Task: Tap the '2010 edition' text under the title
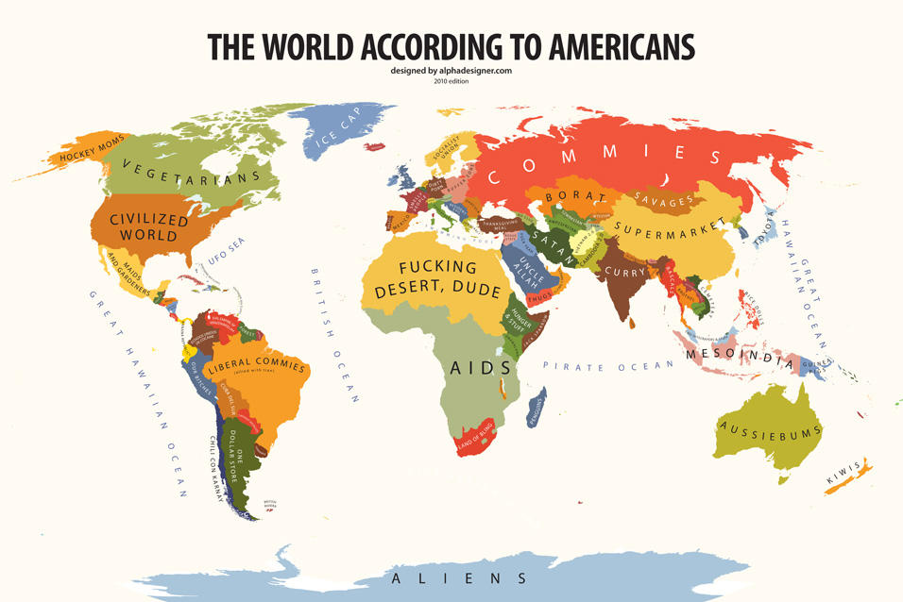pos(451,81)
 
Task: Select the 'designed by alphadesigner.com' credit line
pos(451,71)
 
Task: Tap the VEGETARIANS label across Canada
pos(179,175)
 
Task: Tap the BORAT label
pos(568,196)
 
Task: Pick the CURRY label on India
pos(624,272)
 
